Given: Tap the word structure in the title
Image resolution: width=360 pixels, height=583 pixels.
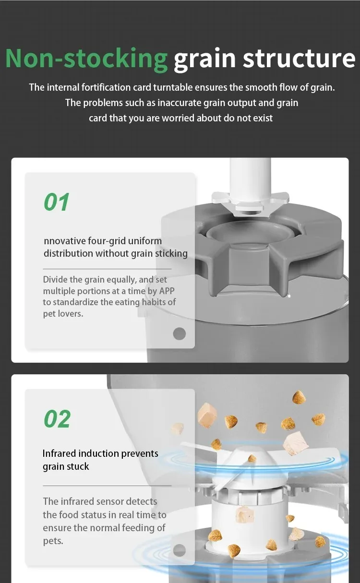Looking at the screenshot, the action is (x=299, y=59).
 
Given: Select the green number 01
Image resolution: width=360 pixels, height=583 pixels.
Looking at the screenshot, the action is (x=57, y=202).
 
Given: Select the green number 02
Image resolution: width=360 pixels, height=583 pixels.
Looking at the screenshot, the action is (x=57, y=419).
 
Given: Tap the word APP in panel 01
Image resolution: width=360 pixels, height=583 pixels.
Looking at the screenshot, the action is (x=167, y=291).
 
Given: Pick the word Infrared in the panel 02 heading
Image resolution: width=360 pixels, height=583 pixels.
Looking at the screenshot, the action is (x=59, y=453).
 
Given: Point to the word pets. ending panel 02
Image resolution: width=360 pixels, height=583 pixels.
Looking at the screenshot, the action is (x=53, y=541).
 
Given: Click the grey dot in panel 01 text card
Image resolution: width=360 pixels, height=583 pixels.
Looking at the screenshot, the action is (x=180, y=333).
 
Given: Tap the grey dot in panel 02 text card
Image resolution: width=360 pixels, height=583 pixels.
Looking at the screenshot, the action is (x=180, y=550).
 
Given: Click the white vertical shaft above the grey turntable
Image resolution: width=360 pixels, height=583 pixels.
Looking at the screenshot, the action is (x=250, y=177).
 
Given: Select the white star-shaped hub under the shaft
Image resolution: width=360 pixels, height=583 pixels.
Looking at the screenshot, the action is (x=251, y=203).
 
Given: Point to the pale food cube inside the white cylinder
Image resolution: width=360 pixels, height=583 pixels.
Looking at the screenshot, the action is (x=244, y=515).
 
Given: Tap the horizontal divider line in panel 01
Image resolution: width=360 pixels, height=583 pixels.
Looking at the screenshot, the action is (x=107, y=269).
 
